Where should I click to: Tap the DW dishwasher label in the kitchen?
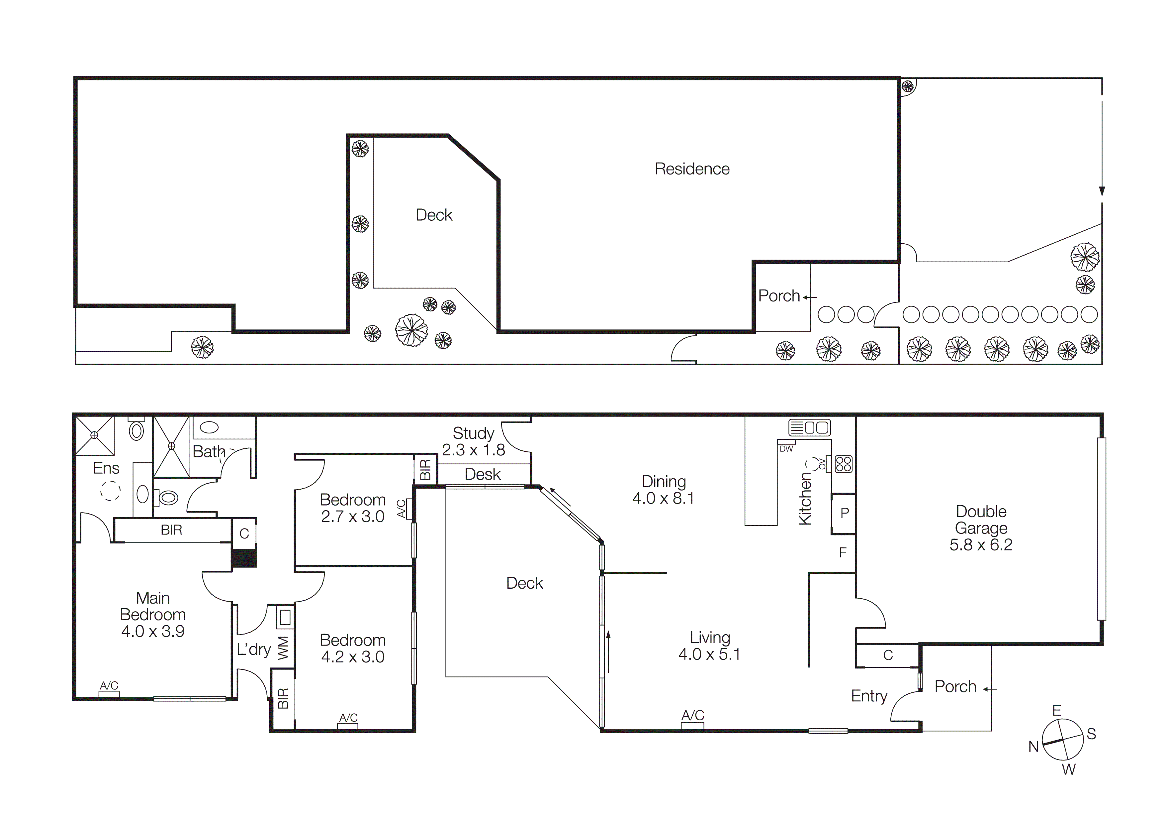coord(786,449)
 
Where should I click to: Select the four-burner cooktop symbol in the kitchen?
coord(843,464)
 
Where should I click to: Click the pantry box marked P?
coord(844,513)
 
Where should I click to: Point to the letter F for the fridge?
coord(843,552)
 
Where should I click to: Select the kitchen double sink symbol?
coord(809,427)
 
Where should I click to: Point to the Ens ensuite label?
coord(106,468)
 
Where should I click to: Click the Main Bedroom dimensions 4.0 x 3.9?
coord(153,631)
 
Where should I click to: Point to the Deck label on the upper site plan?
coord(434,215)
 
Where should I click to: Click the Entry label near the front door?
coord(869,696)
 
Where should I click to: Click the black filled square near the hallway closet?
coord(244,558)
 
